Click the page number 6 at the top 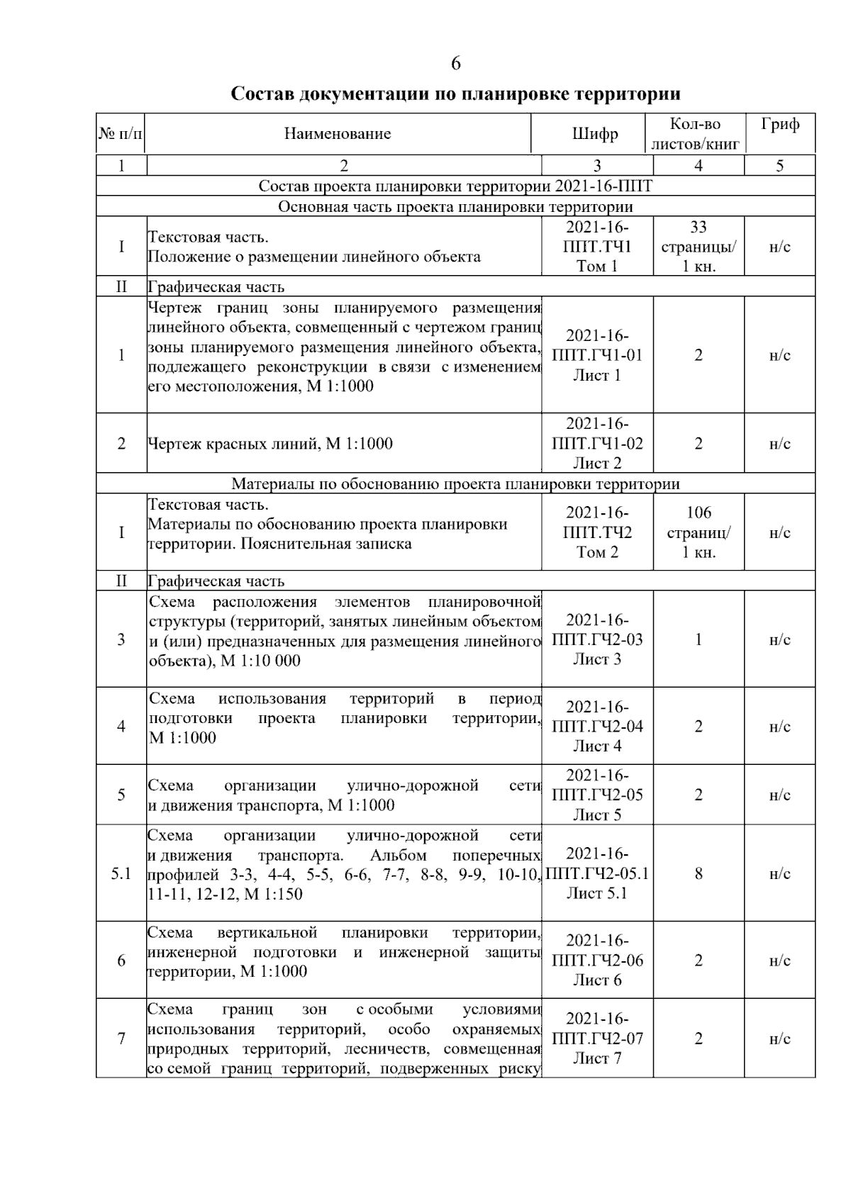click(455, 64)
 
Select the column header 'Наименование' click(338, 133)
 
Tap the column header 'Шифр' click(595, 134)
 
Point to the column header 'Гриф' click(780, 125)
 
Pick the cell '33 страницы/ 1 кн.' click(699, 247)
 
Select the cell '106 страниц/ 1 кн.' click(699, 532)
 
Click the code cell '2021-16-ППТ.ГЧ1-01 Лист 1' click(597, 355)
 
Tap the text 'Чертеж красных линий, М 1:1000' click(270, 444)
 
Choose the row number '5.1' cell click(121, 873)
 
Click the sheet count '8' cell click(699, 873)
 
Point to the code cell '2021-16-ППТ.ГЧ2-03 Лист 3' click(597, 639)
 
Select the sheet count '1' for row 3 click(699, 639)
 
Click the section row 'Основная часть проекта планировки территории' click(455, 207)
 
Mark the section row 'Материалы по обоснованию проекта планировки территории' click(455, 484)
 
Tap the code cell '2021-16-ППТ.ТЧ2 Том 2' click(597, 532)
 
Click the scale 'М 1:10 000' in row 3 click(261, 661)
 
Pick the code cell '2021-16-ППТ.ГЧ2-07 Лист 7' click(597, 1039)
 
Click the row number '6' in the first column click(121, 961)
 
